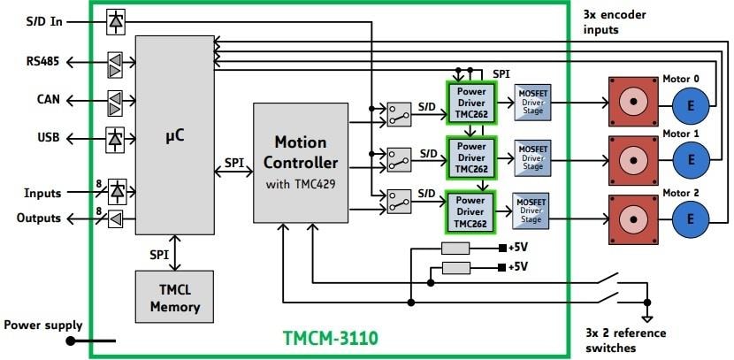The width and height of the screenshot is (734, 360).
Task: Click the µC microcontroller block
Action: tap(174, 135)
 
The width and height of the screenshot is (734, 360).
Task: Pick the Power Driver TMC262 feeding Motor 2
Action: tap(470, 212)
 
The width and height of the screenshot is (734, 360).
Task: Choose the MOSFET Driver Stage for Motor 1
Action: tap(532, 157)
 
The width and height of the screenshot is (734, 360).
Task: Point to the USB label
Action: tap(49, 138)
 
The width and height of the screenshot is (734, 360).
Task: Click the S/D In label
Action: tap(44, 20)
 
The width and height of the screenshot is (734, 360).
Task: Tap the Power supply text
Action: tap(42, 325)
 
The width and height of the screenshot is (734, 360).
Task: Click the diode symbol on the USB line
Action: tap(116, 138)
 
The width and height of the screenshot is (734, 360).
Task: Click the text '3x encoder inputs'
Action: tap(613, 22)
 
